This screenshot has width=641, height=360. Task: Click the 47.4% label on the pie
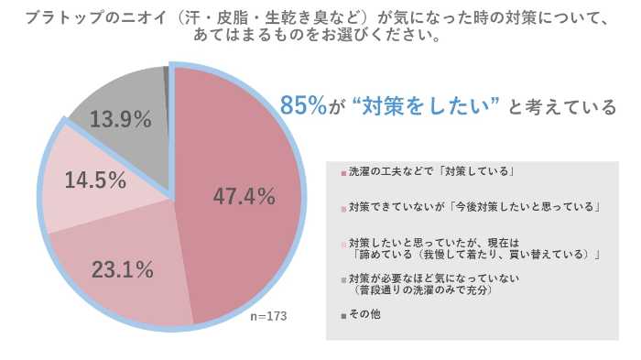pos(244,195)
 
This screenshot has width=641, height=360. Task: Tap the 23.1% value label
pos(123,270)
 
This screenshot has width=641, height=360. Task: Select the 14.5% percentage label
pos(95,180)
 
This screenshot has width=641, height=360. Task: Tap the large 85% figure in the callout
pos(303,106)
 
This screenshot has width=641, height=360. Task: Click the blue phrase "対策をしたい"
pos(423,107)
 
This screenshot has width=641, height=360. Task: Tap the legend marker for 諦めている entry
pos(342,244)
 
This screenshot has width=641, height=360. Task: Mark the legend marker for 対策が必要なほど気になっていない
pos(342,278)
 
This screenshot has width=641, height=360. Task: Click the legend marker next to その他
pos(342,315)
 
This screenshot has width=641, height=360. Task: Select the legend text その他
pos(364,315)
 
